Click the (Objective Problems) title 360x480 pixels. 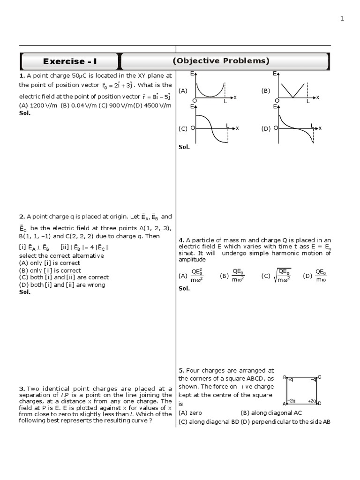[221, 61]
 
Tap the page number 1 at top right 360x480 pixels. [342, 18]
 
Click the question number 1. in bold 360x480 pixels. [22, 75]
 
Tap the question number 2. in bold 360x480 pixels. [22, 217]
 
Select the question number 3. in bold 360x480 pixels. [22, 389]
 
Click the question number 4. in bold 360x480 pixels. [181, 240]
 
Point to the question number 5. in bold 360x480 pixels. [181, 370]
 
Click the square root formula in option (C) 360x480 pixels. [283, 276]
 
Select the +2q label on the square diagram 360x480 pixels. [312, 401]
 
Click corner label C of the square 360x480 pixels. [320, 377]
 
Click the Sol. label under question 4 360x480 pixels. [184, 289]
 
